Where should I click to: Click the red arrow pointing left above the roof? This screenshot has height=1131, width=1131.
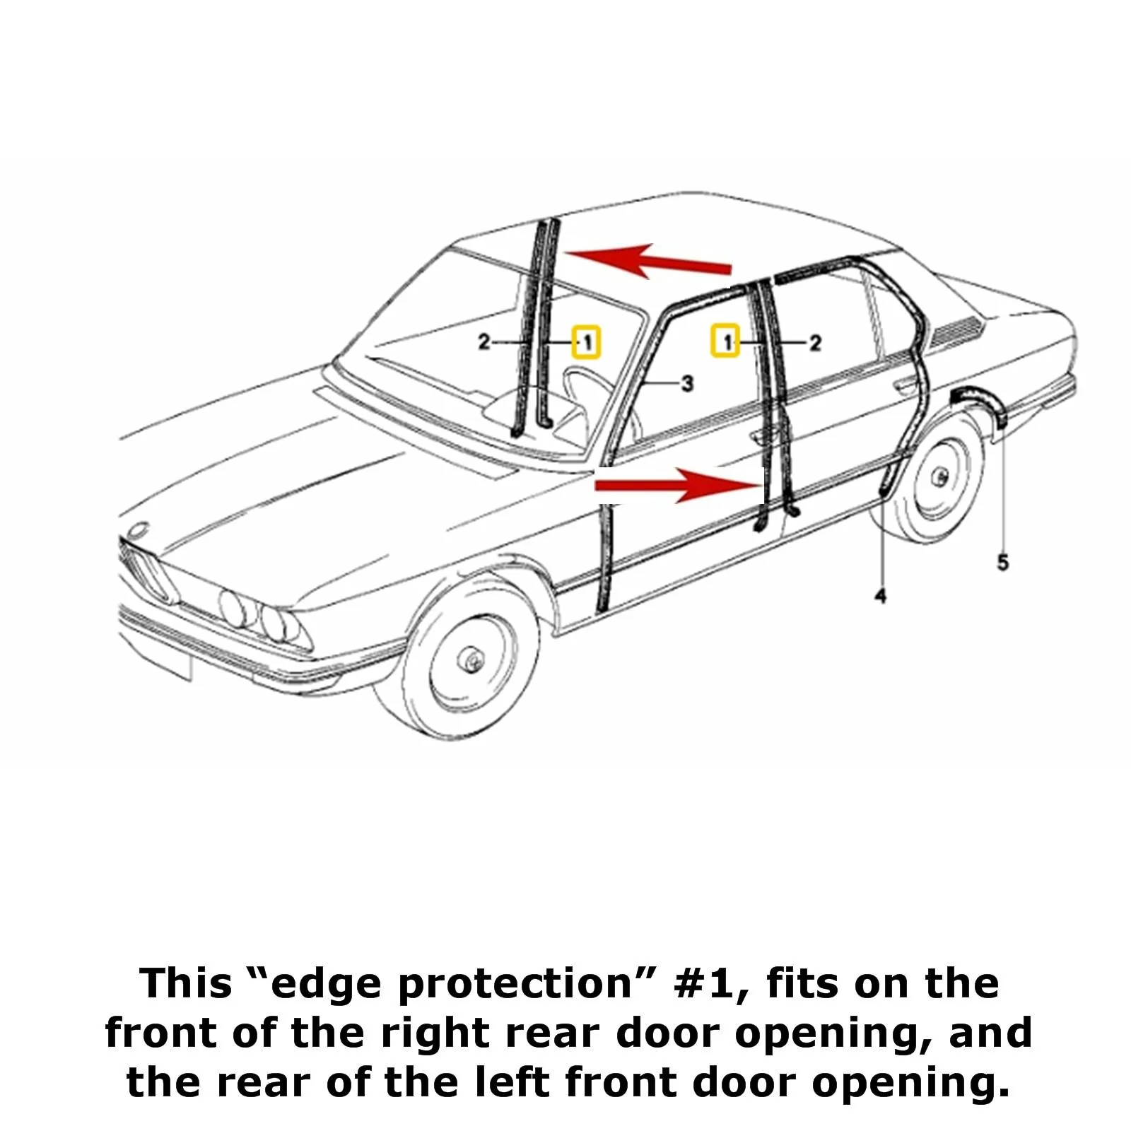click(648, 261)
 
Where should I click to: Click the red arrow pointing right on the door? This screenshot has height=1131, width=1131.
click(677, 484)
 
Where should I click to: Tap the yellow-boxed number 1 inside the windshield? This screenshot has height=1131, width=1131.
click(586, 342)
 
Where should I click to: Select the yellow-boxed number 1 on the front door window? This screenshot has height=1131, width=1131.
click(725, 342)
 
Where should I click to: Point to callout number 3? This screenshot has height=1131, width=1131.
click(686, 384)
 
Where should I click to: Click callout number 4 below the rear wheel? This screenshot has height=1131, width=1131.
click(880, 597)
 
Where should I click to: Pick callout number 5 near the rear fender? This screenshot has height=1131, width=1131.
click(1002, 563)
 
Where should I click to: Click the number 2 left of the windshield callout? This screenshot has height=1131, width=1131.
click(484, 342)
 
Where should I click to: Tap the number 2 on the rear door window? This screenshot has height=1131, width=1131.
click(815, 343)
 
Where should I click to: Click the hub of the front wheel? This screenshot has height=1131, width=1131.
click(471, 660)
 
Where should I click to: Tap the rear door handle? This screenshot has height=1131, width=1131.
click(903, 386)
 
